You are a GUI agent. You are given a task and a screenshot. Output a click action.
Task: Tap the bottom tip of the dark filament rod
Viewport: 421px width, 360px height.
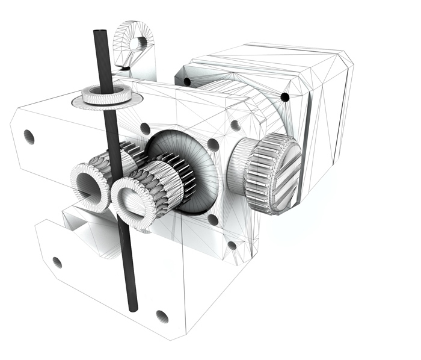[134, 308]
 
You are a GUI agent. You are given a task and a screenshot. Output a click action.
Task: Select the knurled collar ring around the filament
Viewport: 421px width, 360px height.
[106, 95]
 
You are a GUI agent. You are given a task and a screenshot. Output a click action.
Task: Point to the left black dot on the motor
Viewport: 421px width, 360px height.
[187, 81]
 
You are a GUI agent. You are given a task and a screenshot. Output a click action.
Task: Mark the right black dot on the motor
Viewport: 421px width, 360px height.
[285, 96]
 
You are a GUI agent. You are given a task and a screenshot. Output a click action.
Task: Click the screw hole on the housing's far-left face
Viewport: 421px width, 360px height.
[29, 136]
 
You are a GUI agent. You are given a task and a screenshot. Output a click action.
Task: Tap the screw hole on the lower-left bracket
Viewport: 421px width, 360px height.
[57, 262]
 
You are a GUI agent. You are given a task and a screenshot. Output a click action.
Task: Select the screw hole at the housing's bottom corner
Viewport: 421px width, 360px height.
[161, 315]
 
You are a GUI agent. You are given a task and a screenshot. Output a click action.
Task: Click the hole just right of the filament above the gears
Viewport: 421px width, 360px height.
[145, 128]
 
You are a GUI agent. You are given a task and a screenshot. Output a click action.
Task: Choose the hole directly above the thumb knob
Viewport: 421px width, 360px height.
[235, 125]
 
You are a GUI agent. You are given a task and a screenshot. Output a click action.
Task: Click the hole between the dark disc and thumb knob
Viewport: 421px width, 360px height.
[213, 144]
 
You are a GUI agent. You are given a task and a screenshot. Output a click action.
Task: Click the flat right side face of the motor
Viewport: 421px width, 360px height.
[328, 126]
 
